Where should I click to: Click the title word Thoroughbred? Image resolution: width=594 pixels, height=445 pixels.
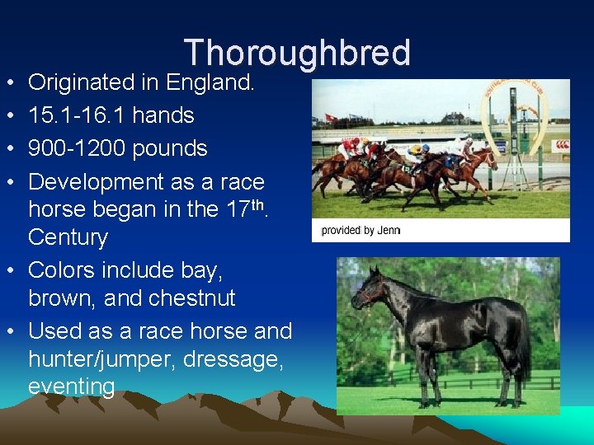point(297,53)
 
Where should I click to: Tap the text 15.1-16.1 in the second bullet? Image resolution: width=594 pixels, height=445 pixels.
point(77,115)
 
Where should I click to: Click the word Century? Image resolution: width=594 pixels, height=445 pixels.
point(68,237)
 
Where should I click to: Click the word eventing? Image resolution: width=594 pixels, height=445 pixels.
point(71,386)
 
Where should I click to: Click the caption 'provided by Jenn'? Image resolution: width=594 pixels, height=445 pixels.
point(360,231)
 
